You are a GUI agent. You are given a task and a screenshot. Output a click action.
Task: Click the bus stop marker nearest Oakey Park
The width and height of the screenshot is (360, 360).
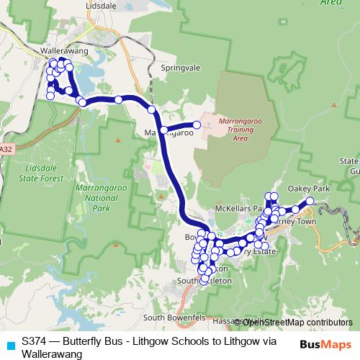310,201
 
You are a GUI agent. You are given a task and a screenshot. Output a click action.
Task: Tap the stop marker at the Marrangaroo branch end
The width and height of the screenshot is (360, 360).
197,125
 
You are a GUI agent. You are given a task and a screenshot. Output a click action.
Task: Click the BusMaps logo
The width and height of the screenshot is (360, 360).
325,344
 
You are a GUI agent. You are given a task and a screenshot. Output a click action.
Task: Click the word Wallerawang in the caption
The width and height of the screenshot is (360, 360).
52,354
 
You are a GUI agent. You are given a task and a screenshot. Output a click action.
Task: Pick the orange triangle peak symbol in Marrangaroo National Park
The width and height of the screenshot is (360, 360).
118,140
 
